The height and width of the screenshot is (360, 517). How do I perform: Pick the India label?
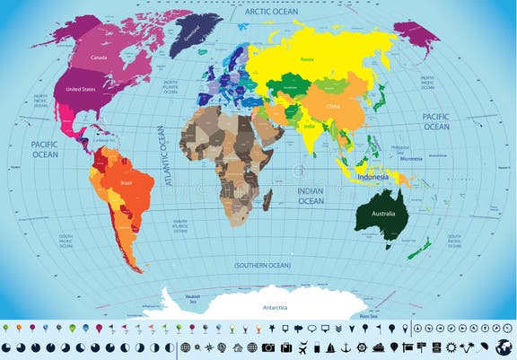coord(310,126)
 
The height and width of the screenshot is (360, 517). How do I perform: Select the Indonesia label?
coord(372,177)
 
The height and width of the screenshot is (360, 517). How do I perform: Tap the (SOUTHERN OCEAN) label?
coord(262,266)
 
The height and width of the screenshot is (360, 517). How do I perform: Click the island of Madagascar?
coord(267,199)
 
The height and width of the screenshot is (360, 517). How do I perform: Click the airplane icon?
coord(302,347)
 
